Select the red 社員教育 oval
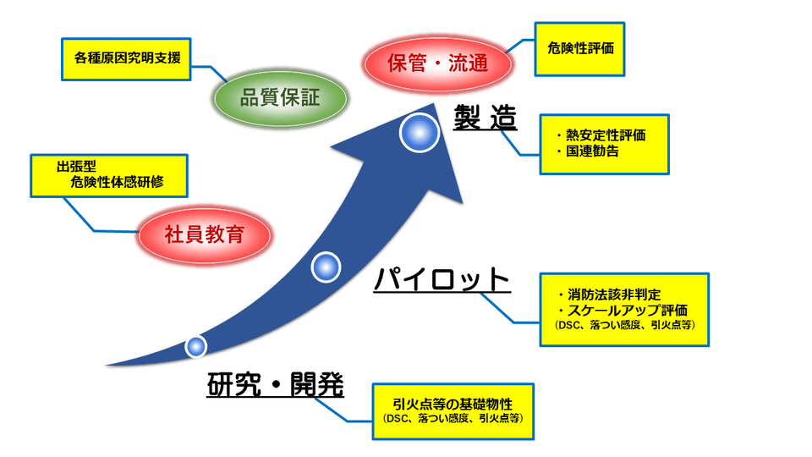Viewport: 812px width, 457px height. [204, 234]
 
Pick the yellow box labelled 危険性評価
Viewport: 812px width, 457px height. [580, 48]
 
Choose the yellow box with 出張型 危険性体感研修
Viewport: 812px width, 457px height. [109, 174]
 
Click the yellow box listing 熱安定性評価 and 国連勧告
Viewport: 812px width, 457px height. [604, 144]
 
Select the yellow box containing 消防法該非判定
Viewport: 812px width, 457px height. [624, 309]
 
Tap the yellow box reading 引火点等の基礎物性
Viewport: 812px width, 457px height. [453, 410]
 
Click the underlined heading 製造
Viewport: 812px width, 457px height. [484, 118]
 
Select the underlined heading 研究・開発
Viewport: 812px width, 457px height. [276, 385]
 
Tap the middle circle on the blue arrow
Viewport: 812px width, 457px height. [326, 267]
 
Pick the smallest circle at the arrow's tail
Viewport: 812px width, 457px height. [196, 345]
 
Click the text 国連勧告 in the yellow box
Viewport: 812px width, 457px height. [592, 152]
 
